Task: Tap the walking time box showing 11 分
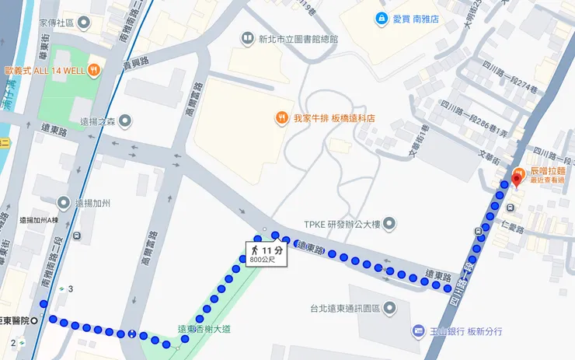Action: tap(264, 250)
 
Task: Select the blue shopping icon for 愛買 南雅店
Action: tap(381, 18)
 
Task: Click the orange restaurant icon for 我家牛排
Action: tap(281, 118)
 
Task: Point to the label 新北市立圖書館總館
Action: tap(298, 38)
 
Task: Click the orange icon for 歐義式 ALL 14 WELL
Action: tap(93, 70)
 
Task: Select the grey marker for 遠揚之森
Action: tap(125, 121)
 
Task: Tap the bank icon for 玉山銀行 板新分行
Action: tap(418, 331)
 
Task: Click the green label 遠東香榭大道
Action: tap(206, 327)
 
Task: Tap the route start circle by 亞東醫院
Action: tap(44, 321)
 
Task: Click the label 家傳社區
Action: tap(55, 23)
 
